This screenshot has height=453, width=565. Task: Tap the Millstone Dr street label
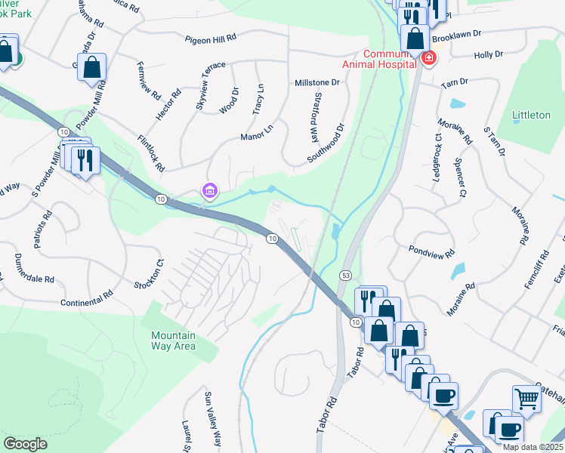316,83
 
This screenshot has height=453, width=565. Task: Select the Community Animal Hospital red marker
428,58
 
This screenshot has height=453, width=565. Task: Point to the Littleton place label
531,115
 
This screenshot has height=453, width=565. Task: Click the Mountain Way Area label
173,341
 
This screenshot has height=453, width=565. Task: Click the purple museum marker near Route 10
208,192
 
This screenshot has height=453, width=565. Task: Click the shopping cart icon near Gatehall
526,397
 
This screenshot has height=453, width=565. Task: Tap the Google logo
25,444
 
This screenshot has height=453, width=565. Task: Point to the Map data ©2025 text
533,447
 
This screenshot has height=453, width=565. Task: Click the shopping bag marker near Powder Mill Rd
91,67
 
